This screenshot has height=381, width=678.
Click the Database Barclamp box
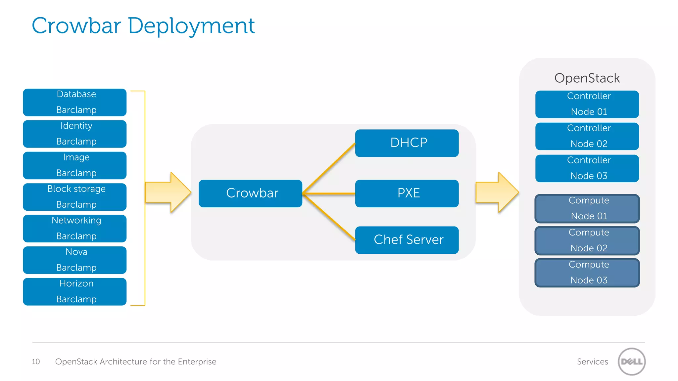[x=74, y=102]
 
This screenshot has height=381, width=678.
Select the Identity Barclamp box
[x=74, y=134]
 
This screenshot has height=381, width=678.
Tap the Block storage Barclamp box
[x=74, y=197]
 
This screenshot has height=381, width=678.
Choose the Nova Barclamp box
[x=74, y=260]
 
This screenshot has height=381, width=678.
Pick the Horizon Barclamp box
[x=74, y=291]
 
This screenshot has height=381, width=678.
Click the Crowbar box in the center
[x=250, y=193]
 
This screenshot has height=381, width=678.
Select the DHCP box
[x=407, y=143]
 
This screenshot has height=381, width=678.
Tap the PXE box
[x=407, y=193]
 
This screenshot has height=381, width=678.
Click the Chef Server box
[x=407, y=240]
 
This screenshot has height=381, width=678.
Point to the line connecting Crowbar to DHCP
[x=329, y=168]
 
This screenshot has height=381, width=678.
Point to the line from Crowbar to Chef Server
[x=329, y=217]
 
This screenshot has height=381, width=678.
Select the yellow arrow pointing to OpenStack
[x=497, y=192]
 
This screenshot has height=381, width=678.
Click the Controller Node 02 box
[x=587, y=136]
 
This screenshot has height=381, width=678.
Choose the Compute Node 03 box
[x=587, y=273]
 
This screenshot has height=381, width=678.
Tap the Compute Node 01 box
[x=587, y=208]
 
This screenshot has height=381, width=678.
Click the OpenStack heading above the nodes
[x=587, y=78]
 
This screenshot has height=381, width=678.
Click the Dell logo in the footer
[x=631, y=361]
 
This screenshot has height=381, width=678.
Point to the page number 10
[x=36, y=361]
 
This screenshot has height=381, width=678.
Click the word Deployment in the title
[x=191, y=26]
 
